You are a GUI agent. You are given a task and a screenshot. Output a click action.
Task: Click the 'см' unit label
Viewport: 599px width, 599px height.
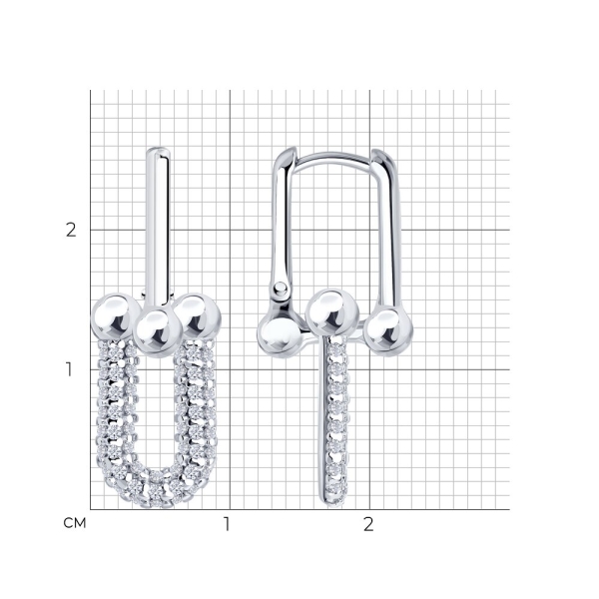coord(75,523)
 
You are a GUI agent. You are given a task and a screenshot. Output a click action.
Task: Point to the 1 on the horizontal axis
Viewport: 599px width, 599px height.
coord(227,524)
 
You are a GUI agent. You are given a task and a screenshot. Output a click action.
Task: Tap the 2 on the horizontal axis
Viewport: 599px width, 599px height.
coord(367,524)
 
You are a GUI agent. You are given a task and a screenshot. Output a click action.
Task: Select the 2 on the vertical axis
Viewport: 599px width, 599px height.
coord(71,230)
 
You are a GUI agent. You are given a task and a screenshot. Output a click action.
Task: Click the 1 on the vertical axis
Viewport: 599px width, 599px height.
coord(69,369)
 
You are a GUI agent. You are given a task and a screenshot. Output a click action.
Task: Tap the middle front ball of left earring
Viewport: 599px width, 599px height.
coord(159,332)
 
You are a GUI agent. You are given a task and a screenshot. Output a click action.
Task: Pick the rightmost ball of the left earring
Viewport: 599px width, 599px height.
coord(199,316)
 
